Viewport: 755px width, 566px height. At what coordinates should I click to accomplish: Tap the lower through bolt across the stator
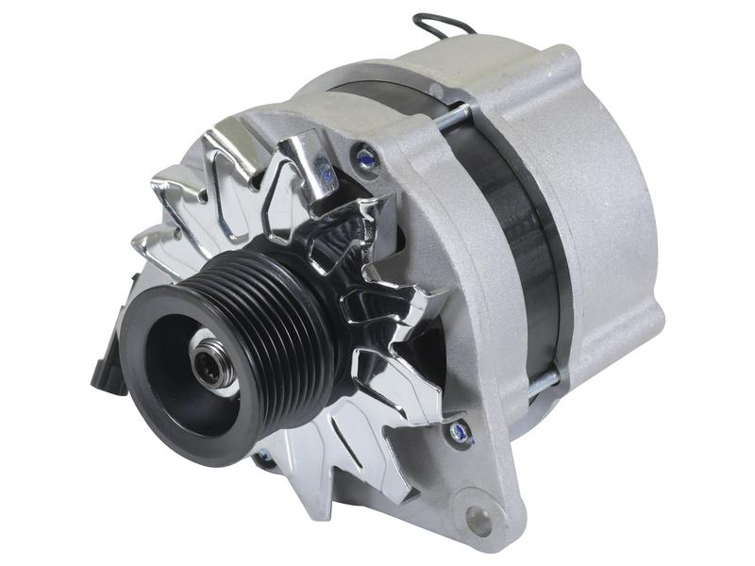point(538,382)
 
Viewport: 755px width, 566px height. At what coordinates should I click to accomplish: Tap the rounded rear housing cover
point(604,208)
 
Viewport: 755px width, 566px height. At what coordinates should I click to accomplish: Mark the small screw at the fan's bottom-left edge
point(261,459)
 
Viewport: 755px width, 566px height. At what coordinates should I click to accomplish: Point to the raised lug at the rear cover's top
point(566,61)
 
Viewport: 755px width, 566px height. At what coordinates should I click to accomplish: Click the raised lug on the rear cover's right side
point(651,311)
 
